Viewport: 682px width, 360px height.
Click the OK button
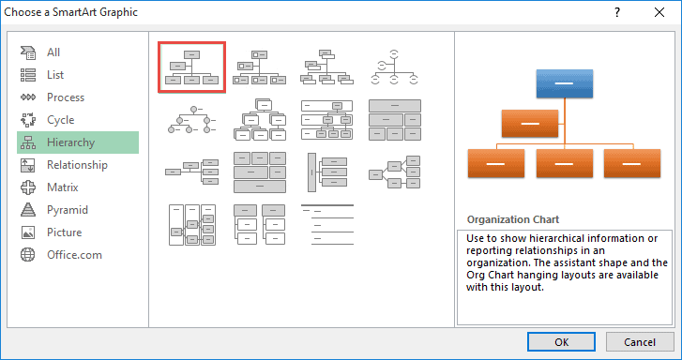coord(561,342)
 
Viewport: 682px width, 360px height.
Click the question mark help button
coord(616,14)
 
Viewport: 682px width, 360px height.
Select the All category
coord(53,52)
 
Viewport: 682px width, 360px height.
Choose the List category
coord(54,75)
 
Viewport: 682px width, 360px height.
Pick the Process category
coord(65,97)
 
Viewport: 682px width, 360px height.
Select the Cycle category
coord(60,120)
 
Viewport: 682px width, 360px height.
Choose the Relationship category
coord(77,165)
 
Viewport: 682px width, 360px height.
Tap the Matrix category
coord(62,187)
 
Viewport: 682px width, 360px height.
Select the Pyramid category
coord(67,210)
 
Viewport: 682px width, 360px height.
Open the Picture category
coord(64,232)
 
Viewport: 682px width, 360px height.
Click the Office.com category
coord(74,255)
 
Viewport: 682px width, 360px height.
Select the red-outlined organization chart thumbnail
coord(191,67)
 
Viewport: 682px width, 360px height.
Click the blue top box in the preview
coord(563,83)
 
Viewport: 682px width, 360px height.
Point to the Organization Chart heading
coord(512,219)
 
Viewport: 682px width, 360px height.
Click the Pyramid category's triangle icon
coord(28,210)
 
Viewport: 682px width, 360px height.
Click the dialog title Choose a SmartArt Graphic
coord(71,14)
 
